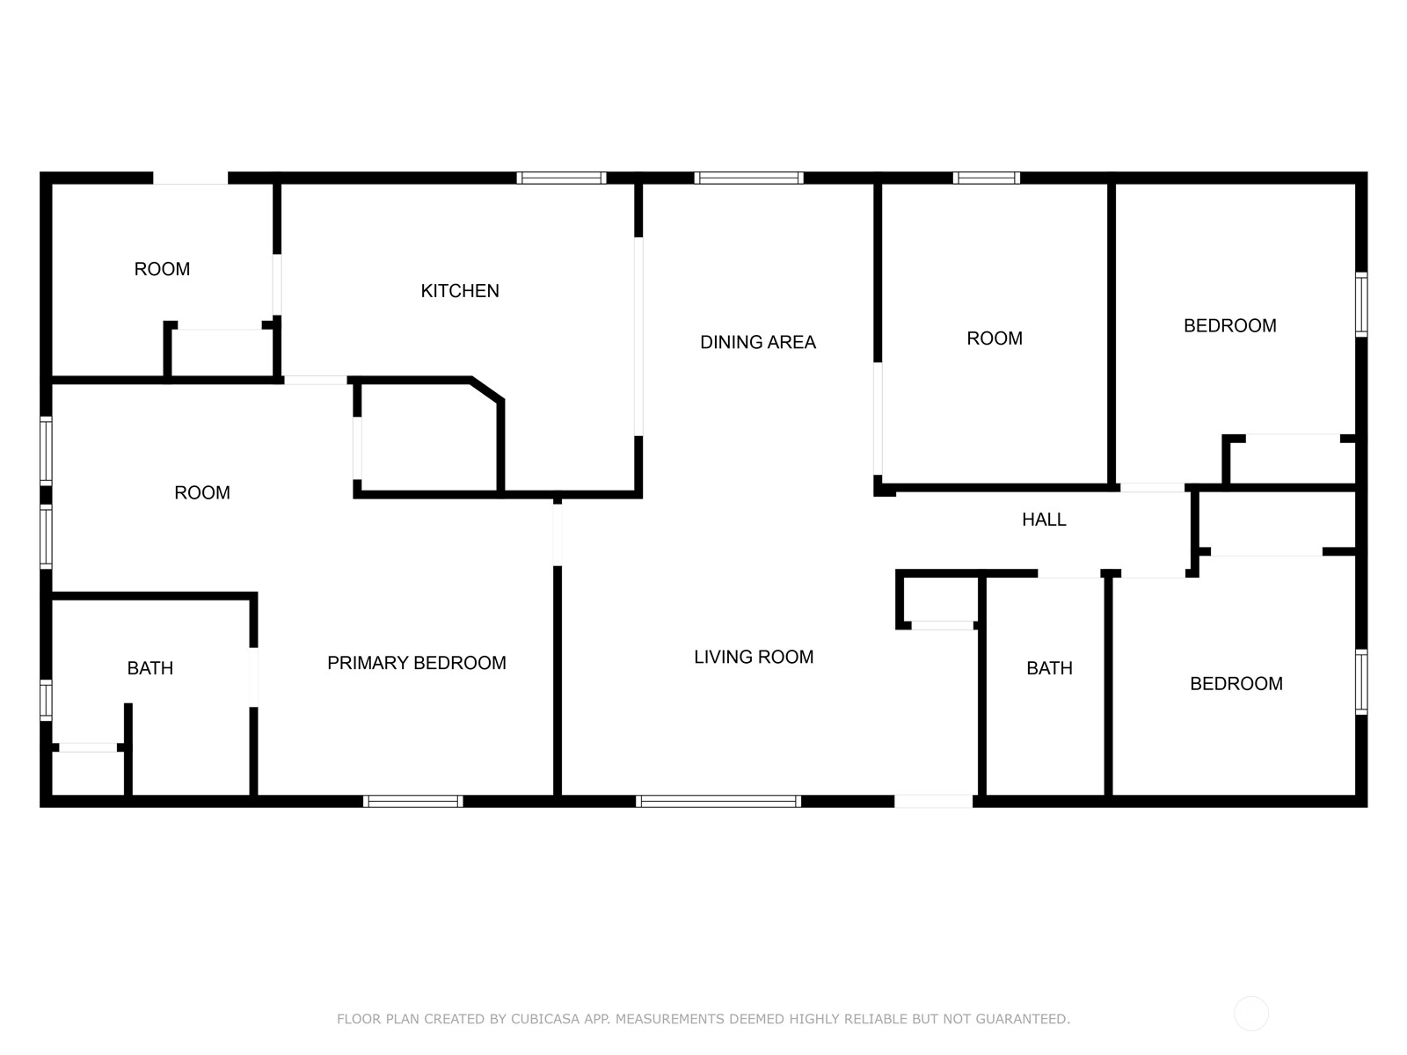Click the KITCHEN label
click(x=460, y=291)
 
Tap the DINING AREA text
click(x=758, y=342)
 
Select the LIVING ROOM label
click(x=754, y=657)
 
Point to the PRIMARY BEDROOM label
click(x=417, y=662)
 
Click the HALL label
click(x=1044, y=520)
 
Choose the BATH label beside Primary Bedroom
click(x=150, y=668)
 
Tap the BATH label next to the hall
click(x=1049, y=668)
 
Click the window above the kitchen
click(x=562, y=178)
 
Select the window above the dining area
click(x=748, y=178)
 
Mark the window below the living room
click(x=718, y=801)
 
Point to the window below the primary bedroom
click(x=412, y=801)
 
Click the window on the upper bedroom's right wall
click(x=1361, y=304)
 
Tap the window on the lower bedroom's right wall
click(x=1361, y=681)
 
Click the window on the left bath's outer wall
click(x=46, y=700)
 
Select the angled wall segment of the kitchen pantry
click(x=487, y=390)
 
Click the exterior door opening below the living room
click(x=933, y=801)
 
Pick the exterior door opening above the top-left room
click(x=190, y=178)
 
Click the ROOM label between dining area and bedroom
click(x=995, y=338)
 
